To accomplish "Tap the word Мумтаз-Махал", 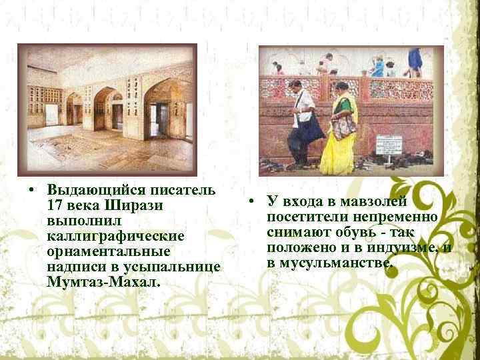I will coord(105,283).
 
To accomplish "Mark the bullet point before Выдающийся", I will coord(31,189).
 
